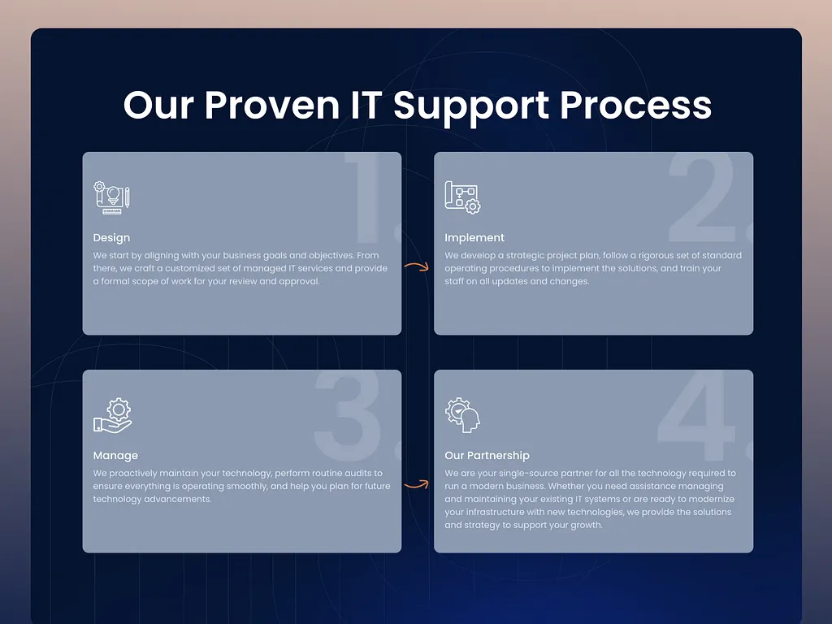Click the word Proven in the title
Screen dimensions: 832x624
click(272, 105)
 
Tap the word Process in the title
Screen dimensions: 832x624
click(635, 105)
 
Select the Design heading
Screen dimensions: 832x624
click(111, 238)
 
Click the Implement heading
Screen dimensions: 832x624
click(474, 238)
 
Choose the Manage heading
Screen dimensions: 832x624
click(115, 455)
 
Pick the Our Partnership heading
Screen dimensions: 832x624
click(487, 455)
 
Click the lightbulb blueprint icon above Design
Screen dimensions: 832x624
click(112, 197)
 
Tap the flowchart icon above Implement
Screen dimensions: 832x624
click(462, 197)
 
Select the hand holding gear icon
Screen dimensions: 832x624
click(112, 415)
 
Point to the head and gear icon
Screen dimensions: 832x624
click(462, 415)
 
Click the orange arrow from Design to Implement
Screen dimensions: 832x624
click(417, 266)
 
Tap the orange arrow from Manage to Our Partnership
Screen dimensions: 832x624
click(417, 484)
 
